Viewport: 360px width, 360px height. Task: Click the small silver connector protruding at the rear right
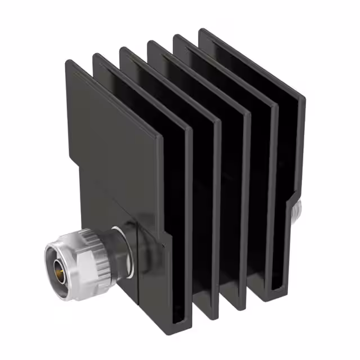pos(296,209)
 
